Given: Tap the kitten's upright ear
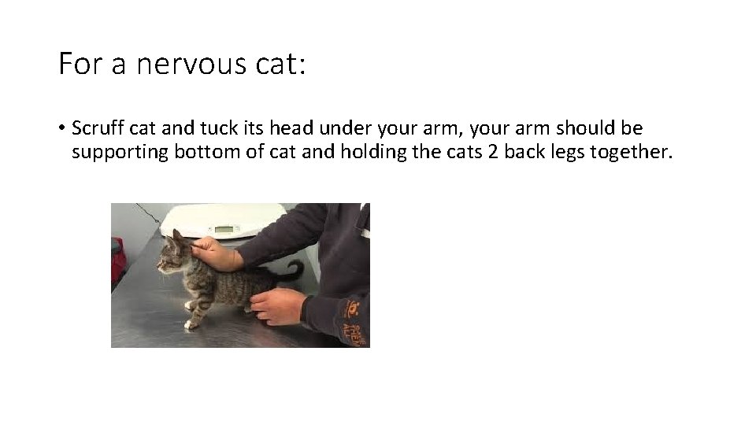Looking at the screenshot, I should click(x=178, y=236).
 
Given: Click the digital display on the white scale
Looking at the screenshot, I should click(x=226, y=230).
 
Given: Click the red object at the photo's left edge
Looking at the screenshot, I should click(x=118, y=260).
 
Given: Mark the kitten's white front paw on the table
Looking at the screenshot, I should click(x=190, y=323).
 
